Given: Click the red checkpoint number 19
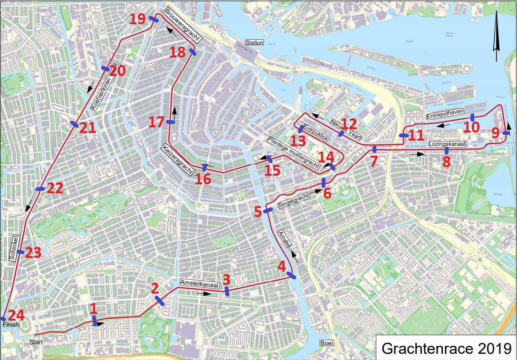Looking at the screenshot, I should tap(138, 19).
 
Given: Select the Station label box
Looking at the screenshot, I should tap(254, 43).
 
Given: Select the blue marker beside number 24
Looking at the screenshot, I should tap(3, 319).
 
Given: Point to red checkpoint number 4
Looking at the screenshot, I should tap(282, 266).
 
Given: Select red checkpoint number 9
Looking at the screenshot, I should tap(496, 134).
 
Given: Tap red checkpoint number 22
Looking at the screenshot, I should tap(55, 188).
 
